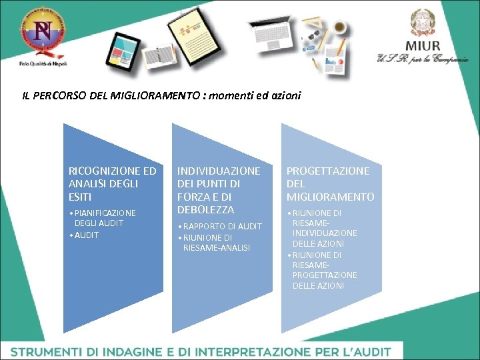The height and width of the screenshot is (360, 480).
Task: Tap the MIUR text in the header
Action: click(423, 46)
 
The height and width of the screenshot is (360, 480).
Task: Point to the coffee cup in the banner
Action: click(339, 27)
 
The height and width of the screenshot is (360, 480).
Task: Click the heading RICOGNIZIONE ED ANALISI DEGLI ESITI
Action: click(112, 184)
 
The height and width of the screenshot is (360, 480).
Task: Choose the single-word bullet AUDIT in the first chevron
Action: click(87, 235)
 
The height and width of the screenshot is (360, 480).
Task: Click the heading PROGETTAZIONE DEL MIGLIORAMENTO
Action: click(330, 184)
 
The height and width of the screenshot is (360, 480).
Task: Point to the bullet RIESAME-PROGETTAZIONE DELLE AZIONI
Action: click(324, 270)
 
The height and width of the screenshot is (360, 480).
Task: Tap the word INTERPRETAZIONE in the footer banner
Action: click(248, 351)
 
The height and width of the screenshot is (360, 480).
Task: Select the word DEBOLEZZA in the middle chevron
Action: click(205, 209)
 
